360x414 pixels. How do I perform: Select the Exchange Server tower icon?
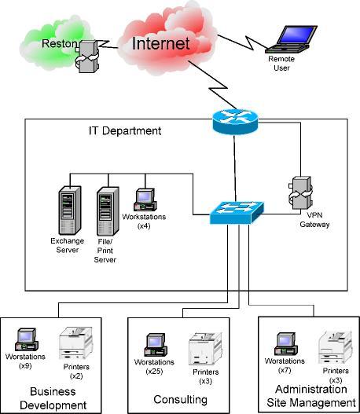click(70, 207)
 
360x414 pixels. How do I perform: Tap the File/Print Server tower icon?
click(106, 209)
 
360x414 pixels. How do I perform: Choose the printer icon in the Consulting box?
click(202, 348)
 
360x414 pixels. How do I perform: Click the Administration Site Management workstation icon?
click(285, 344)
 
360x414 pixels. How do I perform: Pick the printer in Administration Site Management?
click(334, 346)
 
